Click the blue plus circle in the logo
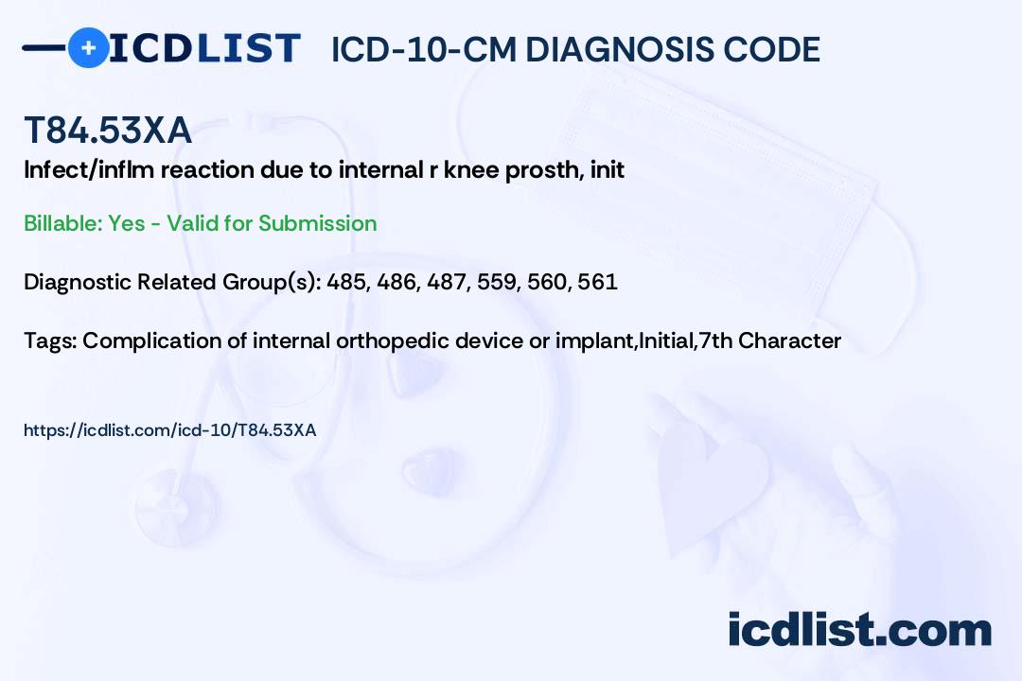pos(88,48)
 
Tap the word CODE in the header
pos(764,50)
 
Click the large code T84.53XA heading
pos(108,131)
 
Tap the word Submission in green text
pos(317,223)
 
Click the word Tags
pos(50,340)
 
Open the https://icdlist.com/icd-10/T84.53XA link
pos(170,430)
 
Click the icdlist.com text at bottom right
pos(859,630)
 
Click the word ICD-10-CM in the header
pos(424,50)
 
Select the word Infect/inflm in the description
pos(89,170)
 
